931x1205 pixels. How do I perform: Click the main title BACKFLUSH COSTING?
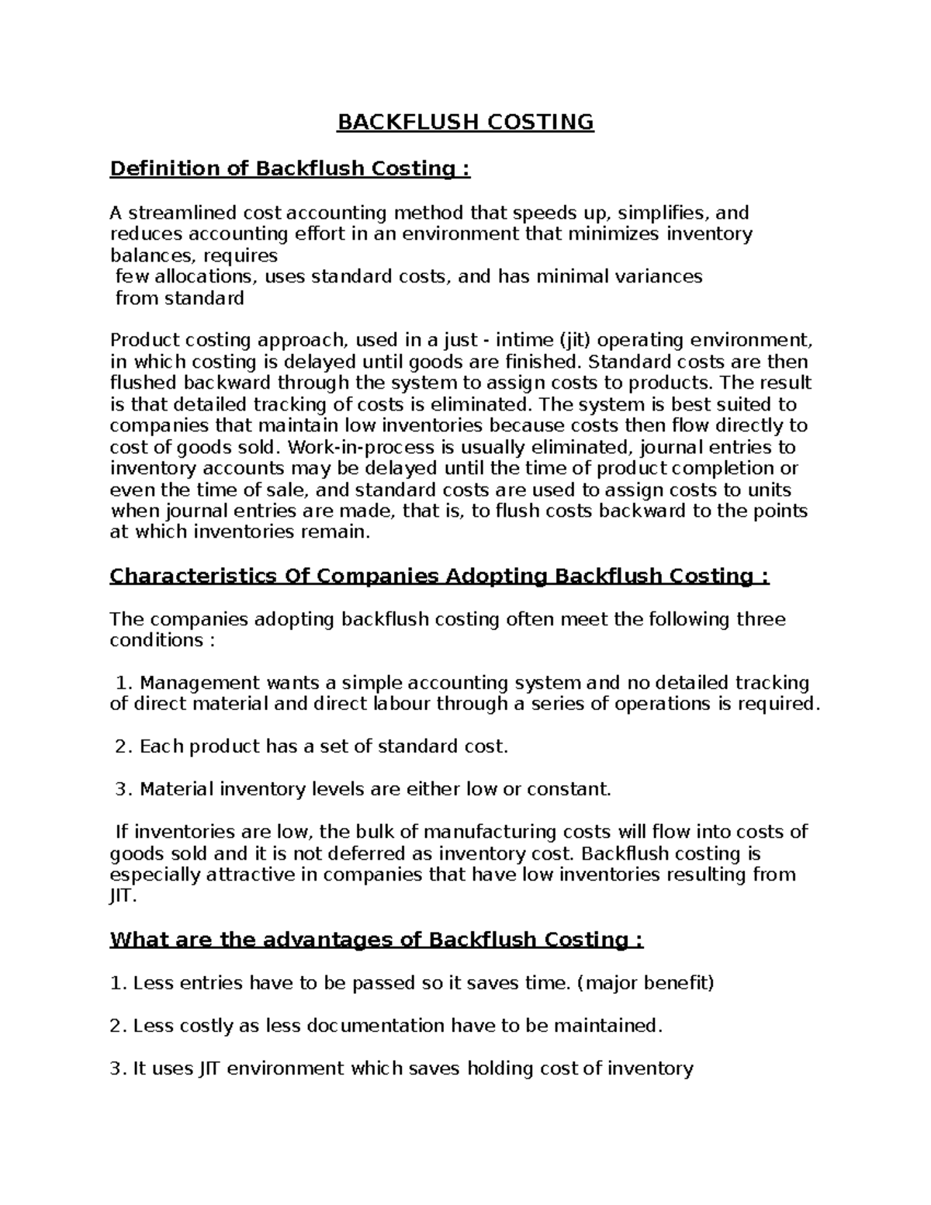[465, 123]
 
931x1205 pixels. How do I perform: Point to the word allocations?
[206, 277]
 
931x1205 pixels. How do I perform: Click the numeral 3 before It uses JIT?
[117, 1069]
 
